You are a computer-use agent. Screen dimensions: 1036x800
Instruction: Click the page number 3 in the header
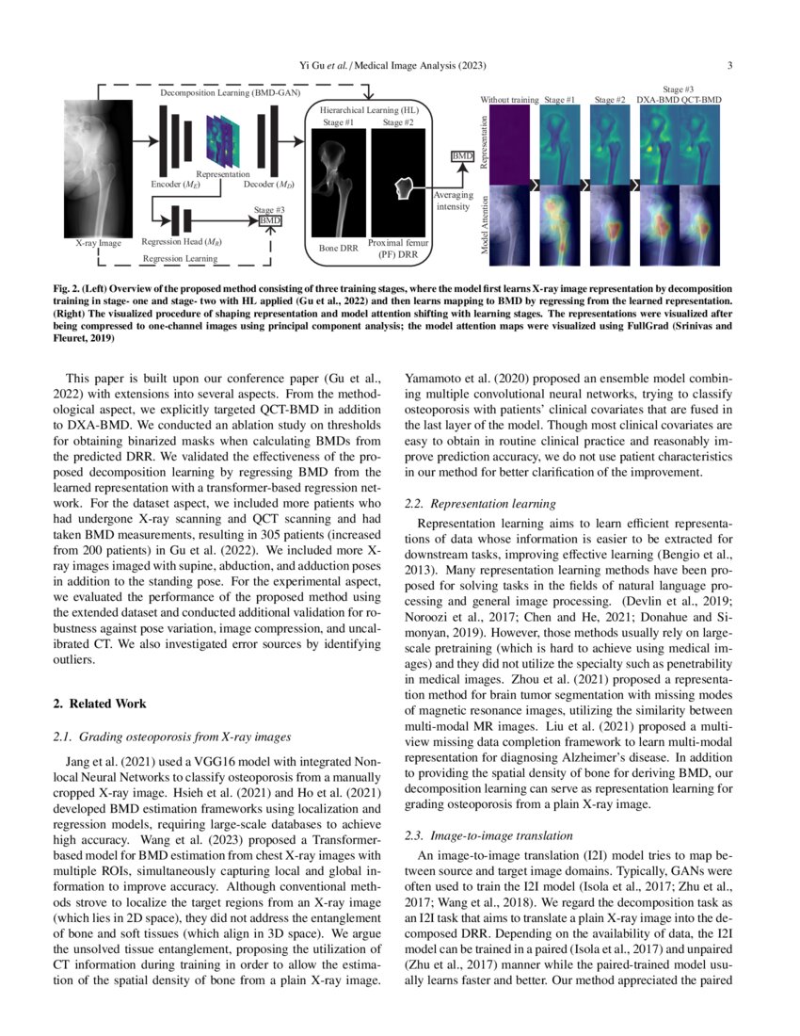pyautogui.click(x=730, y=65)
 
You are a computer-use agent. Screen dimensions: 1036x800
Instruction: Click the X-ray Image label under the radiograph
pyautogui.click(x=99, y=243)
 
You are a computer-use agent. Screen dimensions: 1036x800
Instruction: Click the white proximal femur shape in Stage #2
pyautogui.click(x=404, y=188)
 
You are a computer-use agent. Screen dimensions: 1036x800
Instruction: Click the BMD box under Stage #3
pyautogui.click(x=271, y=219)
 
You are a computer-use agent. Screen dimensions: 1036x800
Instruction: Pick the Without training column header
pyautogui.click(x=509, y=99)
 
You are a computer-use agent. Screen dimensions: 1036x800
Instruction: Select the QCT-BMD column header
pyautogui.click(x=700, y=99)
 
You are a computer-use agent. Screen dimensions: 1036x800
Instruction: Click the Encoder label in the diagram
pyautogui.click(x=171, y=185)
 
